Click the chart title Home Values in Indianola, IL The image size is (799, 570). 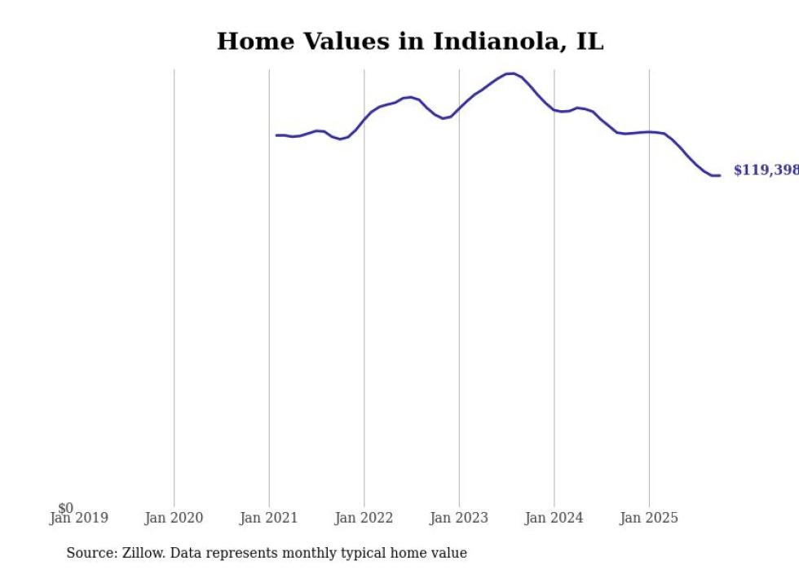coord(410,42)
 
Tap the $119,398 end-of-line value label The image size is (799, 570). coord(766,170)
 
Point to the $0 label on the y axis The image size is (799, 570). coord(65,508)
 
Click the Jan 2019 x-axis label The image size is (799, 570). coord(78,518)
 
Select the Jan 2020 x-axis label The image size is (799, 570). coord(174,518)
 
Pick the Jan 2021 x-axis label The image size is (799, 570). coord(269,518)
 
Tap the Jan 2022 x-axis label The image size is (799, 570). coord(364,518)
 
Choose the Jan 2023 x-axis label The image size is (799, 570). coord(459,518)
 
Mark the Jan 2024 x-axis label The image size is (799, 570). coord(554,518)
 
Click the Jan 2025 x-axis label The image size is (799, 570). coord(649,518)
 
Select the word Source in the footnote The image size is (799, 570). coord(90,553)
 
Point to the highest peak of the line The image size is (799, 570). coord(511,73)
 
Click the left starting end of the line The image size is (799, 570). coord(277,135)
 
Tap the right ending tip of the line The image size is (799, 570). coord(719,175)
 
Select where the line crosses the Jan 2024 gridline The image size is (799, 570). coord(554,110)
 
